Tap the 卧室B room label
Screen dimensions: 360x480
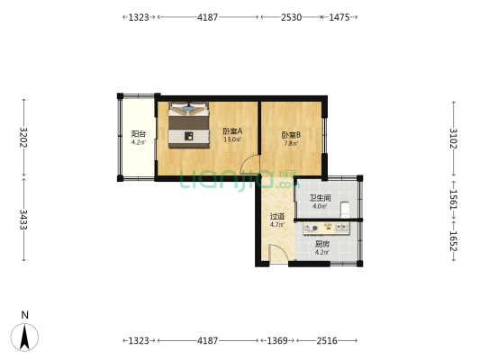292,135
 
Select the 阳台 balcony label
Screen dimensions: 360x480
138,133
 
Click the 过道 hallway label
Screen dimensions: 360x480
277,216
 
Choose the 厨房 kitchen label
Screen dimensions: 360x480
322,243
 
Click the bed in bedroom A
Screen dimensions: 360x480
188,124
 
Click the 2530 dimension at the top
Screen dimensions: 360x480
291,16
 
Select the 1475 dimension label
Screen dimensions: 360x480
339,16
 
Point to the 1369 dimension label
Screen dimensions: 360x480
276,340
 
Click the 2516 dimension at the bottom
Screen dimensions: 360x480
327,340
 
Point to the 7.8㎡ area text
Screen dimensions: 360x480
292,143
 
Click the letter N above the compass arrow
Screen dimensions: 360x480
25,315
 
